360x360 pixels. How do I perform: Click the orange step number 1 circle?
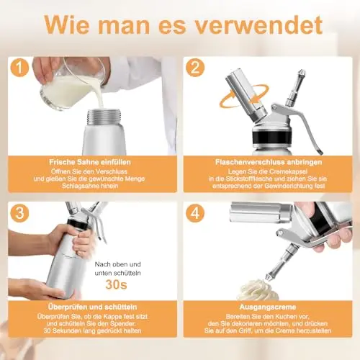[x=19, y=67]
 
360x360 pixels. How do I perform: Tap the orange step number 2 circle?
[x=195, y=67]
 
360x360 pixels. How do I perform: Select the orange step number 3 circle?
[x=19, y=213]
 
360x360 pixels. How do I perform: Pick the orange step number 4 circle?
[x=195, y=213]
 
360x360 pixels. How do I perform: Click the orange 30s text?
[x=116, y=284]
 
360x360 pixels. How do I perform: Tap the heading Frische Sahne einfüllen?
[x=90, y=162]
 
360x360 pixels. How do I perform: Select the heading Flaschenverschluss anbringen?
[x=269, y=162]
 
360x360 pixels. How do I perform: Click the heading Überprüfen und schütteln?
[x=92, y=307]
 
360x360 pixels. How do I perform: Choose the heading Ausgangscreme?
[x=268, y=307]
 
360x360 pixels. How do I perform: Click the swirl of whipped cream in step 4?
[x=258, y=289]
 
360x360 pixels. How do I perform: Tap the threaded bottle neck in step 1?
[x=104, y=117]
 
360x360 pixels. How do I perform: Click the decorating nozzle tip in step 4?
[x=269, y=278]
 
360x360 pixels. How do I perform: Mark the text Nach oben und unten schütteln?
[x=117, y=269]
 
